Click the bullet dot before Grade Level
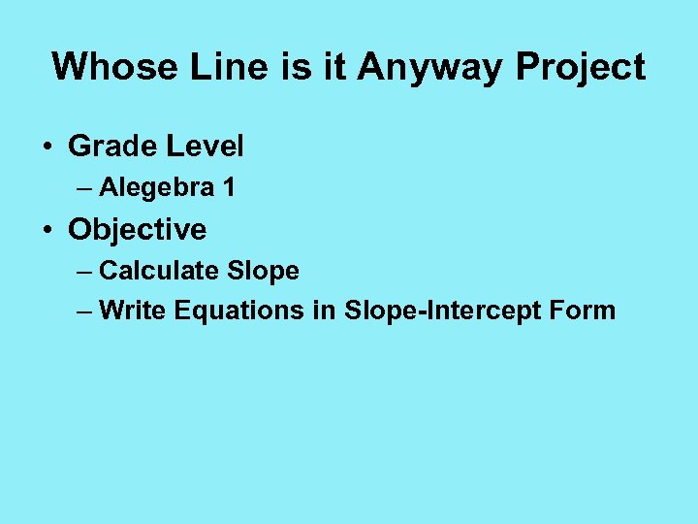[x=46, y=147]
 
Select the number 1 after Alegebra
[x=228, y=187]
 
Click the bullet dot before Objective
[x=46, y=231]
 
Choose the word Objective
[x=137, y=231]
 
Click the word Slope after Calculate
[x=263, y=272]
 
